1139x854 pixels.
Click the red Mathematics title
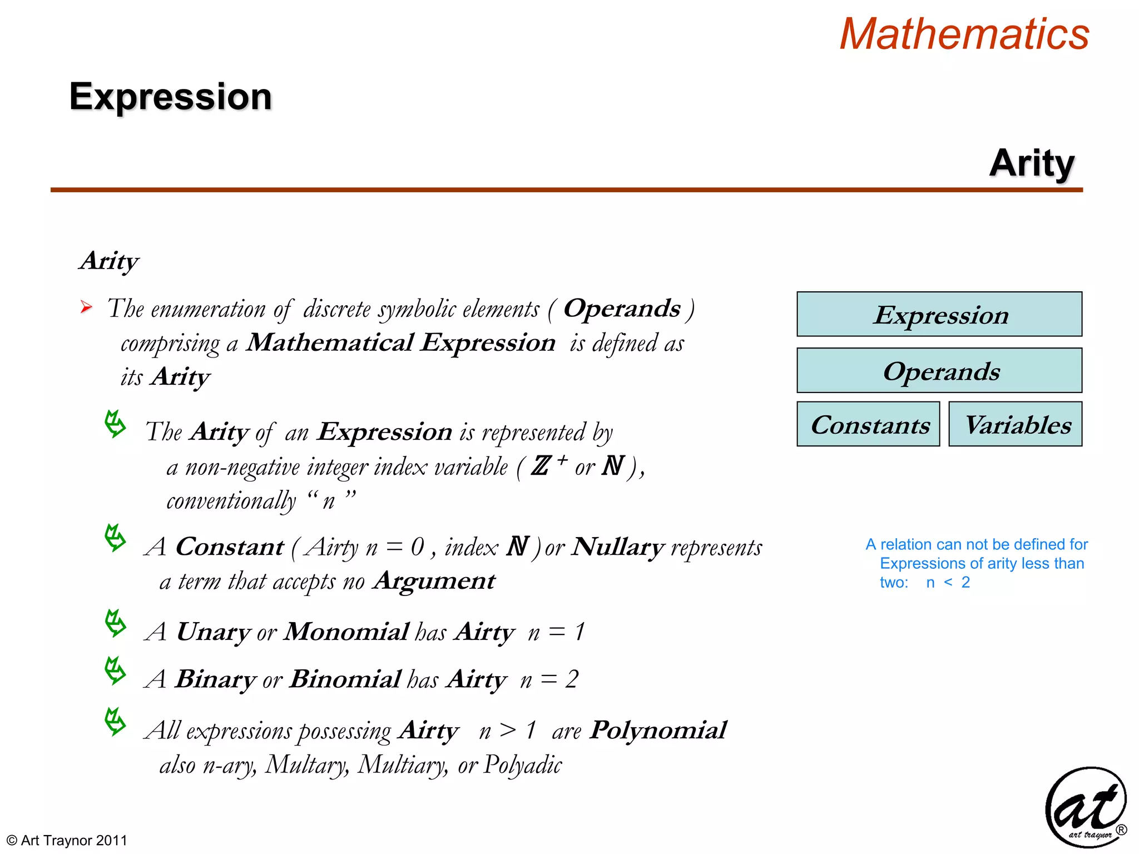[x=964, y=34]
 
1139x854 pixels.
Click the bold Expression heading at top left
[x=170, y=97]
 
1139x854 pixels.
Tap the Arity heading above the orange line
[x=1032, y=163]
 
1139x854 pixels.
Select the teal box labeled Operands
[x=939, y=371]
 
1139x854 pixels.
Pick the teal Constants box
[x=868, y=424]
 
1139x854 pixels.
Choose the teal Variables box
[x=1016, y=424]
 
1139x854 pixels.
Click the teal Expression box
[x=939, y=315]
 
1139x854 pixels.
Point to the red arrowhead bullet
[x=86, y=307]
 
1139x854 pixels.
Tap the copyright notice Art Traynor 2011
[x=67, y=840]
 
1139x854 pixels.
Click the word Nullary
[x=618, y=547]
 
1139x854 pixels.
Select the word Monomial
[x=346, y=632]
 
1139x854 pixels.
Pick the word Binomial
[x=345, y=679]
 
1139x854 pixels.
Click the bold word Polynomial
[x=658, y=730]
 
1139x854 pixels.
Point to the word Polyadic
[x=523, y=764]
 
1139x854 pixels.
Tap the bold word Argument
[x=434, y=581]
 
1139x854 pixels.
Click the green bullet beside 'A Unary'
[x=115, y=623]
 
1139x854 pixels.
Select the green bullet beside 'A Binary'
[x=115, y=671]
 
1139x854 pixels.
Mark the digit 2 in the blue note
[x=965, y=582]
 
